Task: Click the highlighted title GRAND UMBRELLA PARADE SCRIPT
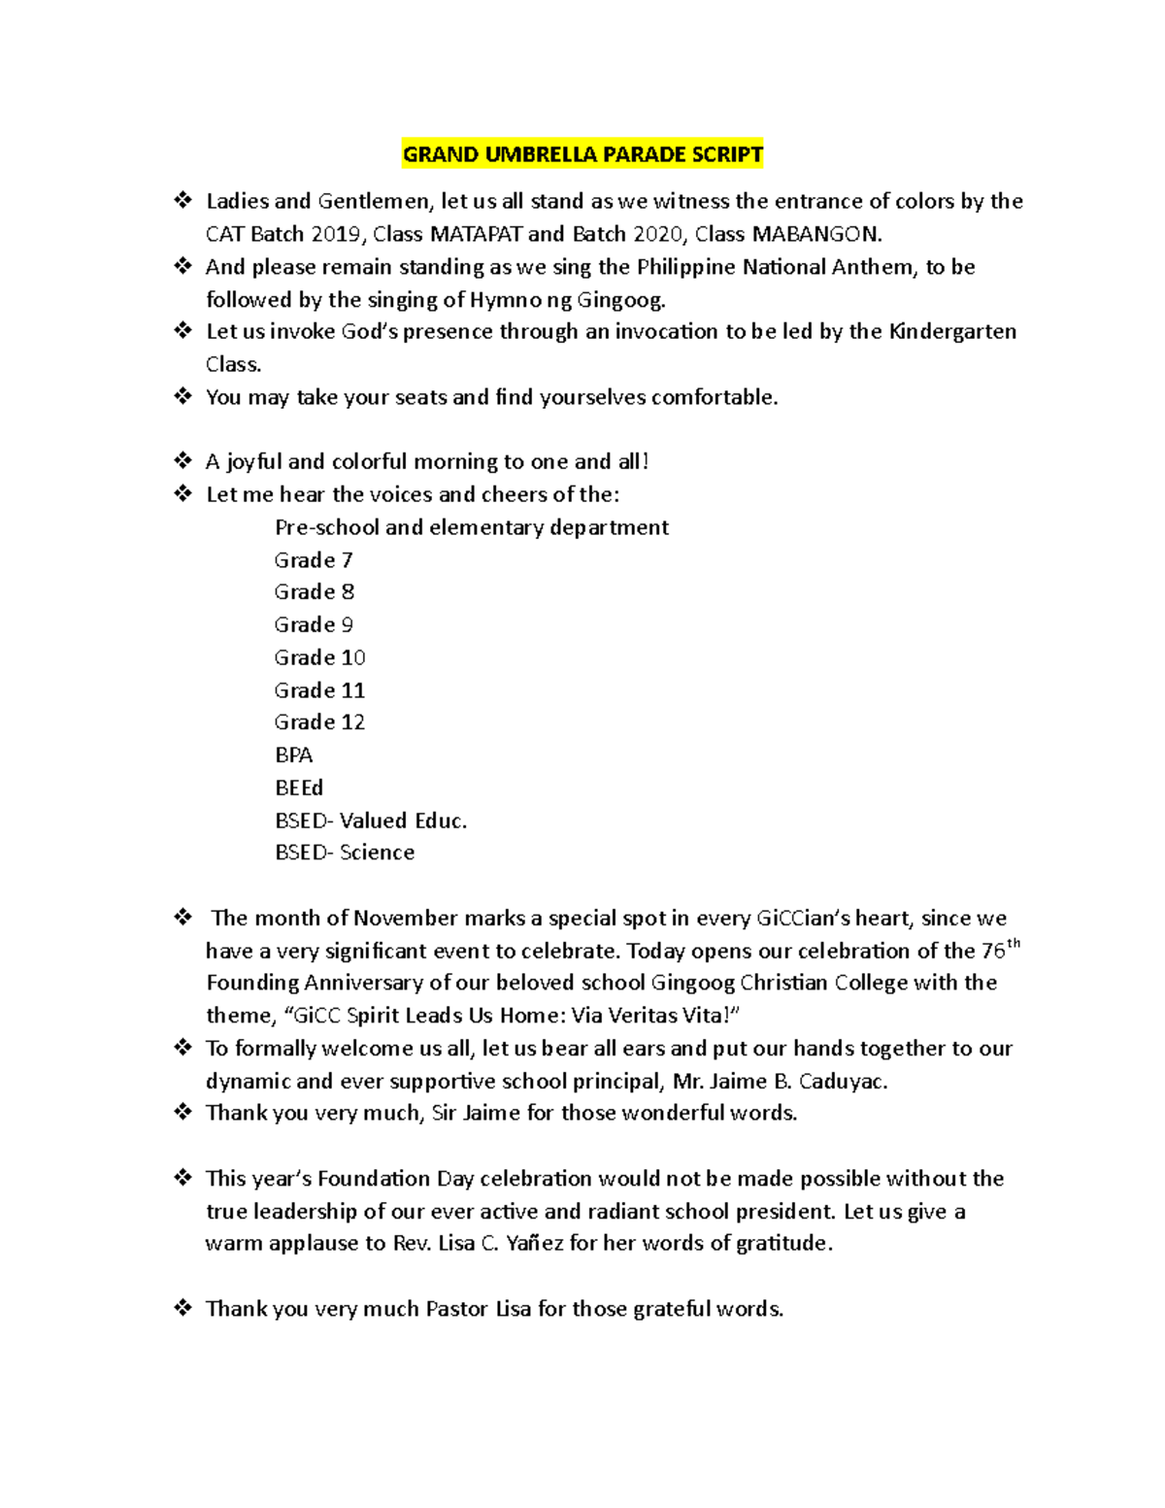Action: click(x=582, y=154)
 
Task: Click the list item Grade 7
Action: click(x=314, y=560)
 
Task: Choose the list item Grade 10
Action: click(x=319, y=657)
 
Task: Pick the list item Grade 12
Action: click(x=319, y=722)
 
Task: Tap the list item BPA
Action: click(x=293, y=755)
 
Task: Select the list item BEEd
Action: click(x=299, y=788)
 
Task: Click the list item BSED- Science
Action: click(x=345, y=853)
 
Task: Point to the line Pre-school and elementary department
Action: click(x=472, y=527)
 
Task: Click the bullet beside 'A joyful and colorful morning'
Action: click(x=183, y=461)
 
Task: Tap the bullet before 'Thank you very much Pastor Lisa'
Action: click(x=183, y=1309)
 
